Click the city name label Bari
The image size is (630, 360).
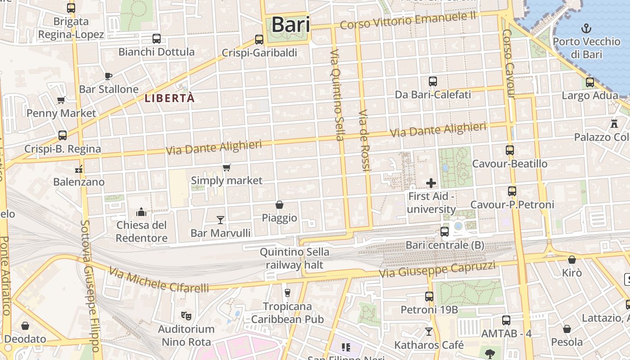pos(291,24)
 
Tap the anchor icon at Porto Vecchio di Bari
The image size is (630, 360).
pos(586,29)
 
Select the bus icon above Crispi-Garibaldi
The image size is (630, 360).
pos(259,40)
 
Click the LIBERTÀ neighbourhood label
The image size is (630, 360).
pos(170,98)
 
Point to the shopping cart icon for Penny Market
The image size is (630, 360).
pos(61,100)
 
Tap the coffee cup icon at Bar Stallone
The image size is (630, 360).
pos(108,76)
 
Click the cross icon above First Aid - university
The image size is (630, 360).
pos(431,183)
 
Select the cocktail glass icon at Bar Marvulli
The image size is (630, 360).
pos(220,220)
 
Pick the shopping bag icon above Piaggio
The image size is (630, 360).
pos(279,205)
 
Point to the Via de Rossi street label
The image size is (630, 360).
pos(364,140)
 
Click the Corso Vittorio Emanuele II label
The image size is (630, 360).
pos(408,21)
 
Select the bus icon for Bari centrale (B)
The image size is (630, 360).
pos(445,232)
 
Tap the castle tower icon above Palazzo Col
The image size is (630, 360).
pos(614,123)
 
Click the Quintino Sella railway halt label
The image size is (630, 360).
pos(294,258)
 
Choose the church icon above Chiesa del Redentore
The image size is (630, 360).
pos(142,211)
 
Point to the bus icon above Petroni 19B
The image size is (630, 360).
pos(429,296)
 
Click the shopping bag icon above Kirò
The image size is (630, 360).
pos(571,260)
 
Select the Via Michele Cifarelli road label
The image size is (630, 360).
pos(159,279)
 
